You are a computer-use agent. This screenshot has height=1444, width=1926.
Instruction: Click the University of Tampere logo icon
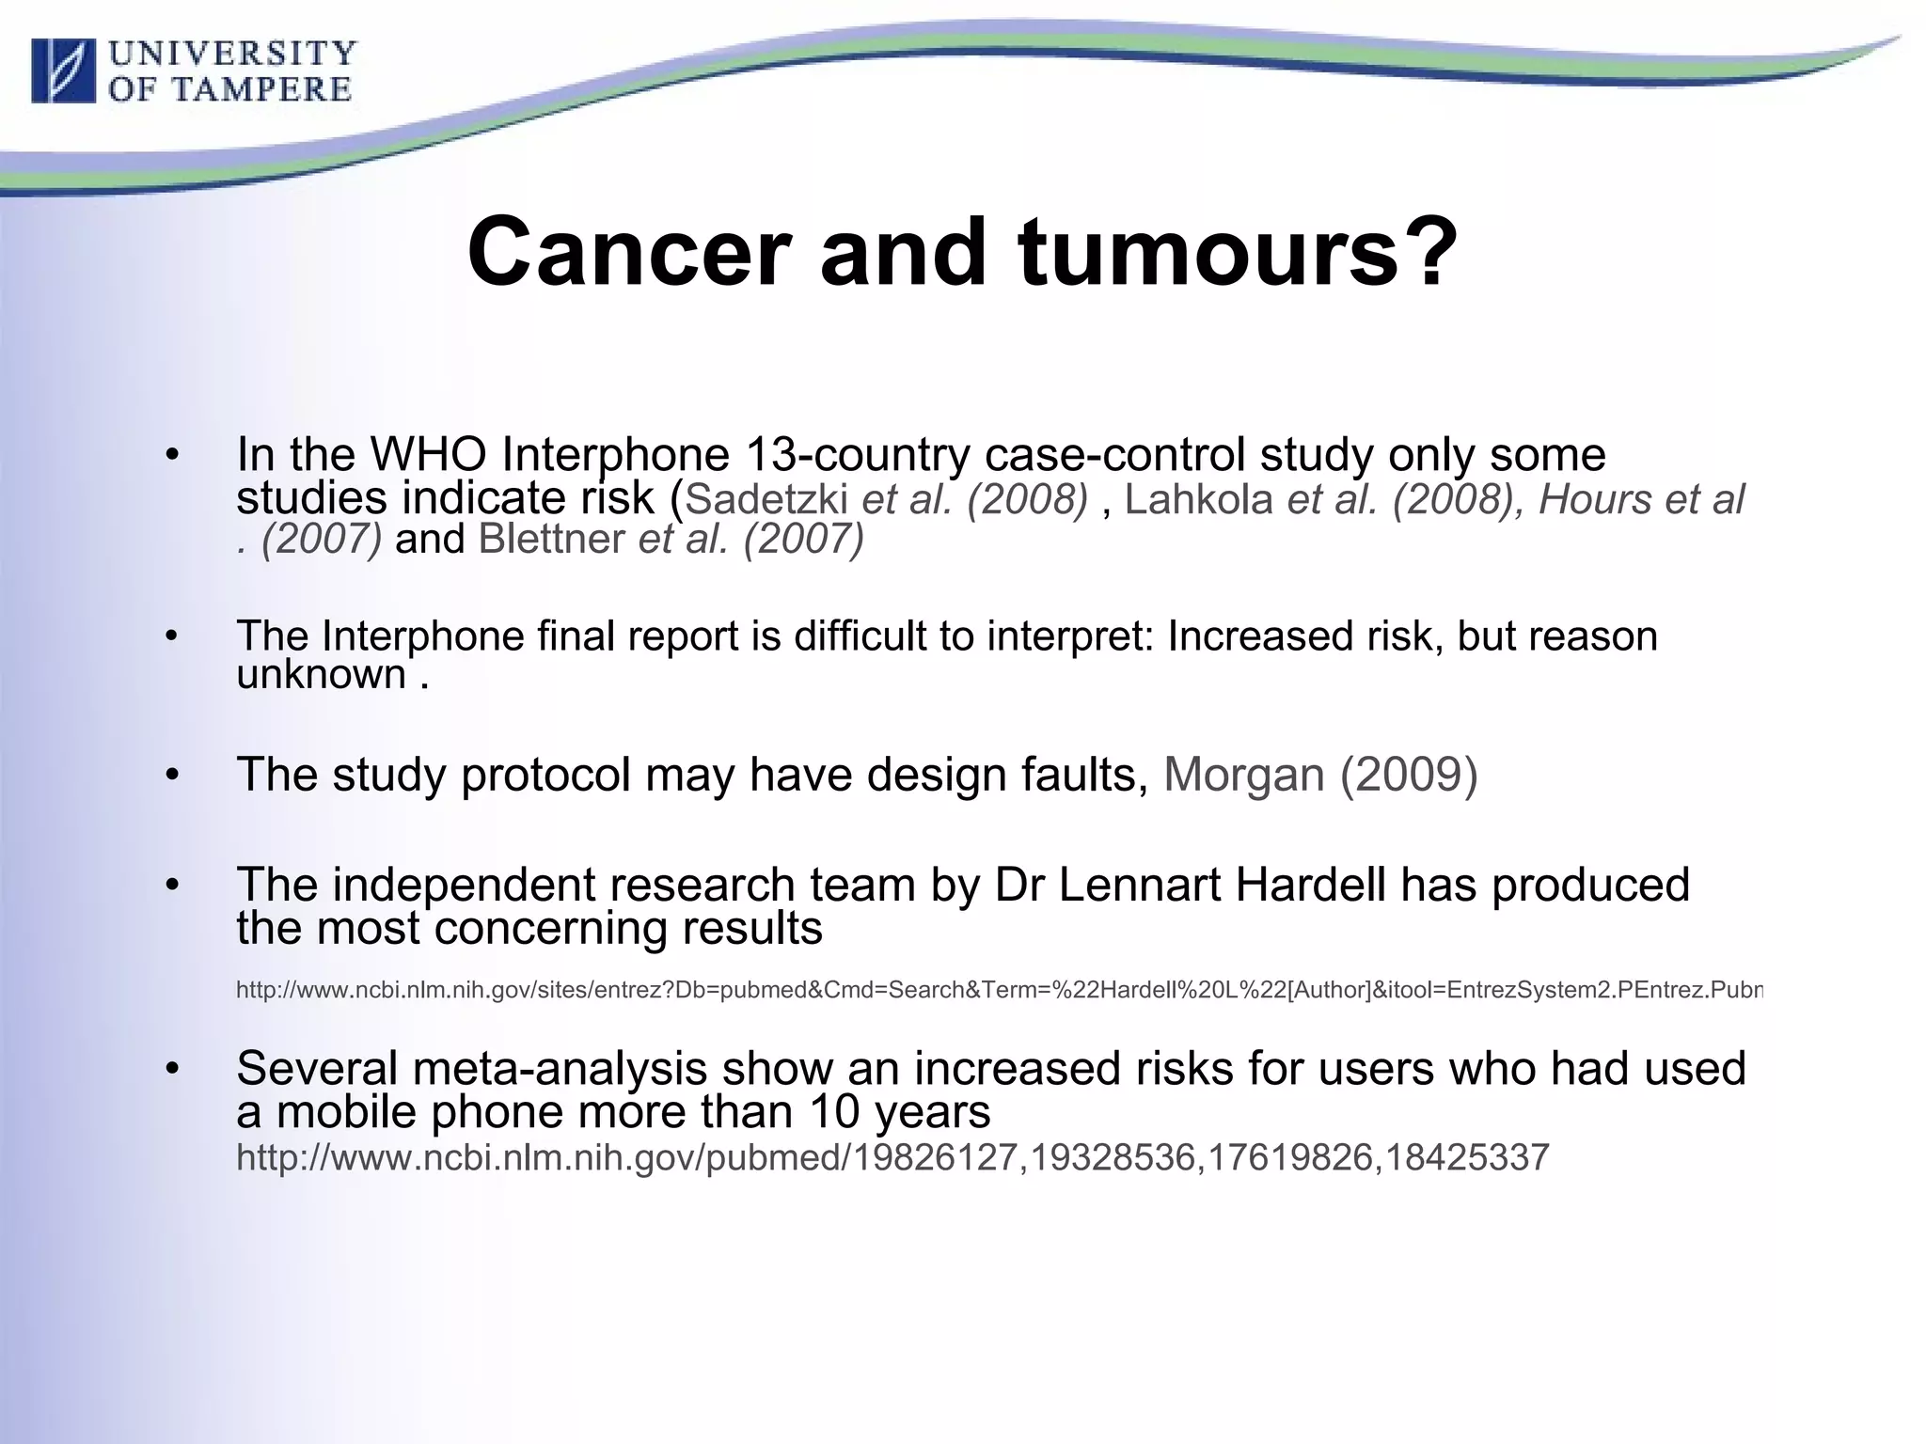pyautogui.click(x=63, y=71)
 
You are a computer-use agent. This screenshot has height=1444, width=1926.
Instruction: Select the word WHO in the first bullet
pyautogui.click(x=428, y=455)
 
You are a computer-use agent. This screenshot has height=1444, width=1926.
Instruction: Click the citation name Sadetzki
pyautogui.click(x=766, y=499)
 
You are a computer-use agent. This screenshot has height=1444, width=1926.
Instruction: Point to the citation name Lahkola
pyautogui.click(x=1198, y=499)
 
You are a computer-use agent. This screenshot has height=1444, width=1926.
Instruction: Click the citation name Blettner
pyautogui.click(x=551, y=540)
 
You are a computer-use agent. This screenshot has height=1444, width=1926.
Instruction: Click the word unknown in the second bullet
pyautogui.click(x=321, y=674)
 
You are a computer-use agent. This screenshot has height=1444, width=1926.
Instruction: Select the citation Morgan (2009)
pyautogui.click(x=1320, y=775)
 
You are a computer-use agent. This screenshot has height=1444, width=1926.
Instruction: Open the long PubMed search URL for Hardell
pyautogui.click(x=997, y=990)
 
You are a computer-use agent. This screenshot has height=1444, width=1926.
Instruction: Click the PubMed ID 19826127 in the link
pyautogui.click(x=935, y=1157)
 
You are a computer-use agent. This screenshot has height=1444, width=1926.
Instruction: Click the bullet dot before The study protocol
pyautogui.click(x=171, y=776)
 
